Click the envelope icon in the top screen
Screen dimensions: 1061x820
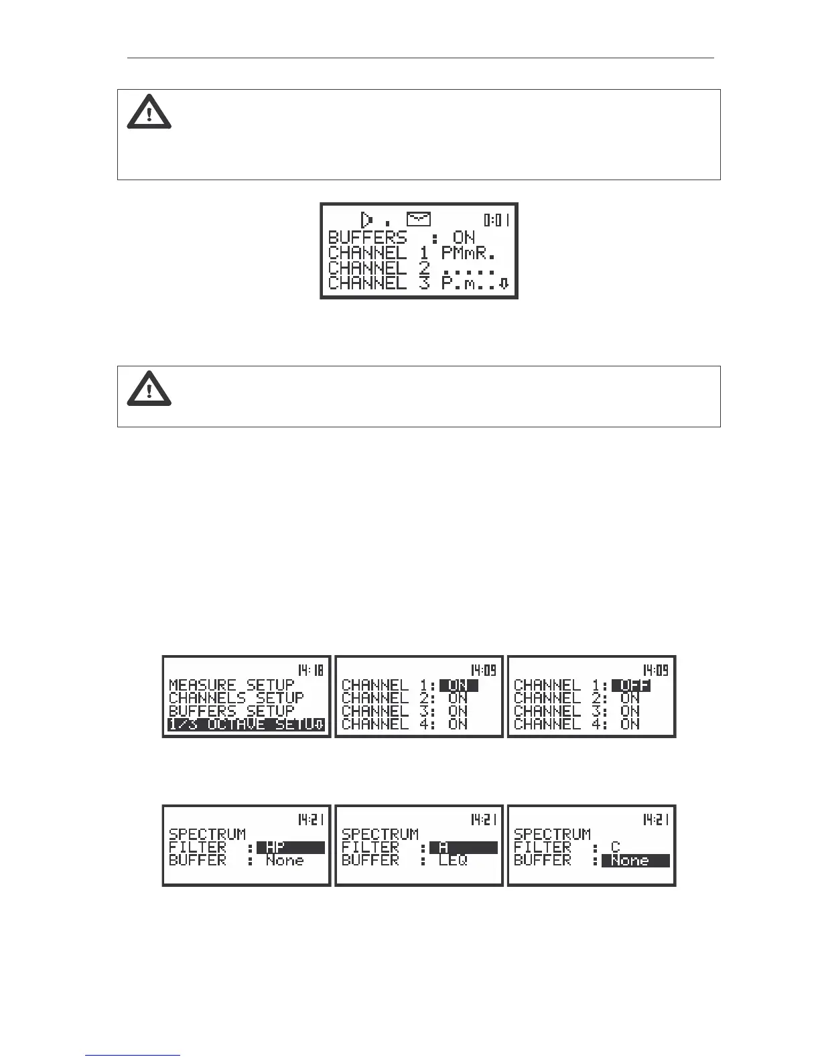tap(419, 219)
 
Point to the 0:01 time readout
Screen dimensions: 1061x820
tap(497, 220)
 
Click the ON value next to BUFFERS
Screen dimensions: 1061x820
tap(464, 237)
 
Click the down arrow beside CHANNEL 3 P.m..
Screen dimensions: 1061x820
tap(504, 283)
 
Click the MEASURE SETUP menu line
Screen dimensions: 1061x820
tap(231, 685)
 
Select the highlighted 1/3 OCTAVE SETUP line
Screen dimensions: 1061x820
tap(246, 724)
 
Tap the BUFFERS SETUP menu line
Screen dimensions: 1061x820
tap(231, 711)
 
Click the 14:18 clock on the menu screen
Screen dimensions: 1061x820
tap(310, 670)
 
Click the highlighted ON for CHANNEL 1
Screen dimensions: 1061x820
tap(458, 685)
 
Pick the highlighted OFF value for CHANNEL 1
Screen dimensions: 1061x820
tap(631, 685)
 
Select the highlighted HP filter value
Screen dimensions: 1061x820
tap(290, 847)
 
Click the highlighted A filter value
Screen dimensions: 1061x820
tap(463, 847)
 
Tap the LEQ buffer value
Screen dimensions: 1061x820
tap(453, 861)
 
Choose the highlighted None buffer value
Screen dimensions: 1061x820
tap(635, 861)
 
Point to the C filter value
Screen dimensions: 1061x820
tap(615, 847)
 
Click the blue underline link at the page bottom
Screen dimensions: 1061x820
tap(133, 1056)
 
